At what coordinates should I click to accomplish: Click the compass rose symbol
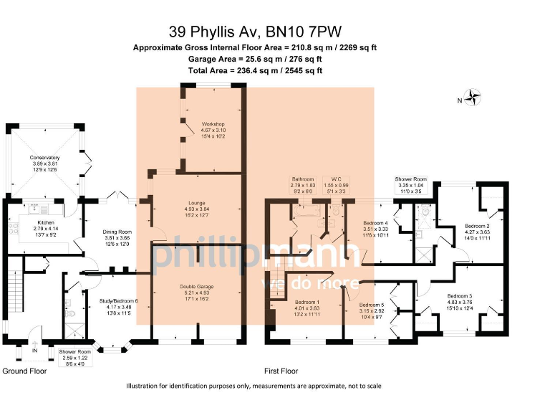(x=473, y=96)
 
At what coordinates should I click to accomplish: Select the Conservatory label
(x=44, y=158)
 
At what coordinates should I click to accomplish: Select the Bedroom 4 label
(x=375, y=222)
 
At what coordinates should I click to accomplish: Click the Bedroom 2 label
(x=477, y=225)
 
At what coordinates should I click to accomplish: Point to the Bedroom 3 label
(x=460, y=296)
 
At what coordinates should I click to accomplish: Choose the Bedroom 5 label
(x=372, y=305)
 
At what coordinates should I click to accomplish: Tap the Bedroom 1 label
(x=306, y=302)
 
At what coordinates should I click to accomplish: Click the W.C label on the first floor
(x=334, y=179)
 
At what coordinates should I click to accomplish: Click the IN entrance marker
(x=35, y=351)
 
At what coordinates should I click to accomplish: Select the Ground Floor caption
(x=24, y=371)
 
